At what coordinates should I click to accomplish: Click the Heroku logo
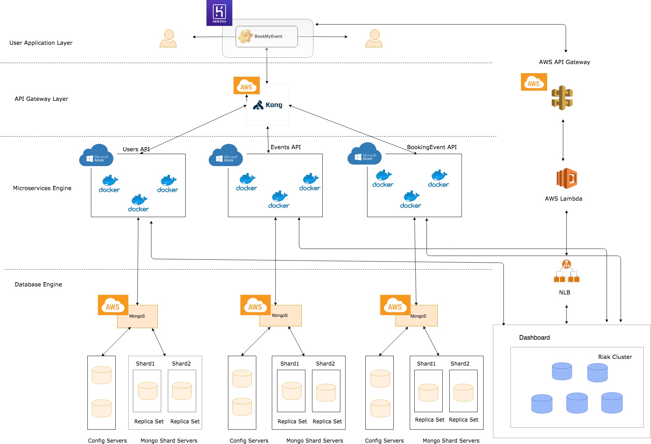[x=219, y=13]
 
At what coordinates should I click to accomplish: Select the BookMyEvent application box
[x=267, y=36]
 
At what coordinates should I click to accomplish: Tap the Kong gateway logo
[x=268, y=105]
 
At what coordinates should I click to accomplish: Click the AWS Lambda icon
[x=566, y=178]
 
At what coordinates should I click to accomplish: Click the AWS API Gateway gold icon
[x=562, y=98]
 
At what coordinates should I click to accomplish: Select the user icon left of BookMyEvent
[x=168, y=38]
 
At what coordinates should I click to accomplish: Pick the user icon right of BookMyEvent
[x=374, y=38]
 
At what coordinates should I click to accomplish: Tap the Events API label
[x=286, y=147]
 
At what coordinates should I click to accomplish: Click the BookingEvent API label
[x=432, y=147]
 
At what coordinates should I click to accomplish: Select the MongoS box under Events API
[x=280, y=315]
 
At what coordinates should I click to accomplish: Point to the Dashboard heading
[x=534, y=338]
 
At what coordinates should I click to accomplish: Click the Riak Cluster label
[x=615, y=357]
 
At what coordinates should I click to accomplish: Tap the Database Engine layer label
[x=38, y=284]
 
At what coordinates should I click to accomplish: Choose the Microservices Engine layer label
[x=42, y=188]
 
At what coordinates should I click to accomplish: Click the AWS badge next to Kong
[x=246, y=85]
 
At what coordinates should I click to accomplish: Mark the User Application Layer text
[x=41, y=43]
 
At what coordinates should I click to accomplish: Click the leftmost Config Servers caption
[x=107, y=440]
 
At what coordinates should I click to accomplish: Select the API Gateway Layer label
[x=42, y=99]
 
